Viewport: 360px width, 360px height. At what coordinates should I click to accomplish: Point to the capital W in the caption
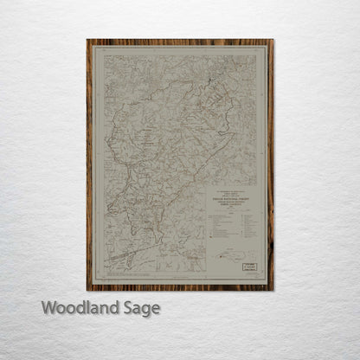click(49, 307)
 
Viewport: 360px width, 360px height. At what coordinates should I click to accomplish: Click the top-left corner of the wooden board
click(87, 40)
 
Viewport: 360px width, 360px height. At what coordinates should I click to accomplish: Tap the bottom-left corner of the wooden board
click(87, 289)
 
